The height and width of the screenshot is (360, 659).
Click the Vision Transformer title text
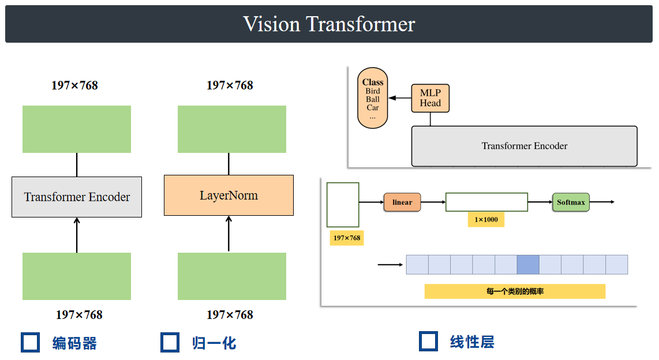click(x=329, y=24)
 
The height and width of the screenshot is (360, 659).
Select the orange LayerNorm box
click(x=229, y=196)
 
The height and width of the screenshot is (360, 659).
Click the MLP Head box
click(x=430, y=98)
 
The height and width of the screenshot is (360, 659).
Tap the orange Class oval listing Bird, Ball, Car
click(x=373, y=96)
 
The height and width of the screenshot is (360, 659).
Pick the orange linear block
click(x=402, y=202)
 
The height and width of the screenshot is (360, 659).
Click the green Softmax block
click(x=571, y=202)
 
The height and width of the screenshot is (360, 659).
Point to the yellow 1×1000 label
click(x=486, y=220)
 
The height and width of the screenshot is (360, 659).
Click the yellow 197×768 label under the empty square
click(x=346, y=238)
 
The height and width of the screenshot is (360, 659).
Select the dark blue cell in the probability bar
click(x=528, y=265)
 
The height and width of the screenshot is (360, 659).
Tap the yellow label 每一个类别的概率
click(x=515, y=291)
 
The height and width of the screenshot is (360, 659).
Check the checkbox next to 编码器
click(x=30, y=342)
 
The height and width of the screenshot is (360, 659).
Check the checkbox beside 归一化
click(x=170, y=342)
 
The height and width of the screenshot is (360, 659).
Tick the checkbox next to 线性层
click(x=428, y=341)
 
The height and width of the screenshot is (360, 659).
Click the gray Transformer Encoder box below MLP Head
click(x=524, y=146)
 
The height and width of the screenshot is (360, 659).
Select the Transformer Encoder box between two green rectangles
click(x=77, y=197)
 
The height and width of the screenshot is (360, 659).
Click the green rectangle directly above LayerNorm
click(x=231, y=129)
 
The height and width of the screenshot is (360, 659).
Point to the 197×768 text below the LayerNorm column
click(x=230, y=315)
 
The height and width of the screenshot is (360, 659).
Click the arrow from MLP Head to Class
click(x=400, y=98)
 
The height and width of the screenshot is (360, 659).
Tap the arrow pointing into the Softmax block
click(x=540, y=202)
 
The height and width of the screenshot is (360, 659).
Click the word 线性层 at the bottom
click(x=472, y=342)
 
